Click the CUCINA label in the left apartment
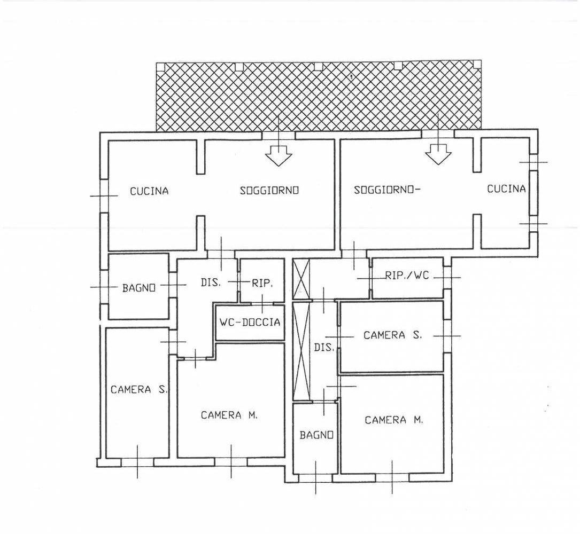pos(149,191)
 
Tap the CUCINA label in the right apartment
pos(506,189)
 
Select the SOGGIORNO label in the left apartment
pos(269,190)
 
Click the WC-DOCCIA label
pos(250,322)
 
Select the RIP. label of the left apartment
pos(262,284)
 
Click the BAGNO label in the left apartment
pos(138,288)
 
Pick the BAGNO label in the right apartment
pos(316,435)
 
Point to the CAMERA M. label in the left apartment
pos(229,415)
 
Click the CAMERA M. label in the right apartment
pos(393,420)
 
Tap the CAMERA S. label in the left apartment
pos(139,389)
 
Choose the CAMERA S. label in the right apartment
pos(392,335)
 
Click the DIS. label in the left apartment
pos(211,282)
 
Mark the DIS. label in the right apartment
pos(324,348)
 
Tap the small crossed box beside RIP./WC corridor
pos(301,279)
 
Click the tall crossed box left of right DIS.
pos(301,351)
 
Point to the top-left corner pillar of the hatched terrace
pos(160,67)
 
